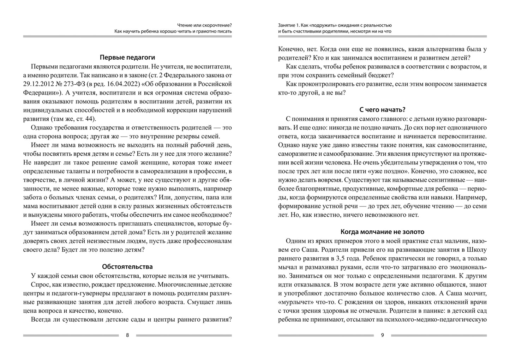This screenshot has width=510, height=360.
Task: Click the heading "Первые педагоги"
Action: pyautogui.click(x=127, y=57)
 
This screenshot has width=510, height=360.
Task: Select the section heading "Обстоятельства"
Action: pyautogui.click(x=127, y=266)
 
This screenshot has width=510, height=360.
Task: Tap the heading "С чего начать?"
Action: pyautogui.click(x=382, y=109)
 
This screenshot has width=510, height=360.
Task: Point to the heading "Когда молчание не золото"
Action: pyautogui.click(x=382, y=232)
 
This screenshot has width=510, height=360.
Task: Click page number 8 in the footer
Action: pyautogui.click(x=127, y=335)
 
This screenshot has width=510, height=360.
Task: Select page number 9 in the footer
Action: pyautogui.click(x=382, y=335)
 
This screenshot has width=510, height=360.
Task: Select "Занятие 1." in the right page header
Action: pyautogui.click(x=288, y=25)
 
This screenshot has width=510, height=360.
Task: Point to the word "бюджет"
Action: pyautogui.click(x=382, y=75)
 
